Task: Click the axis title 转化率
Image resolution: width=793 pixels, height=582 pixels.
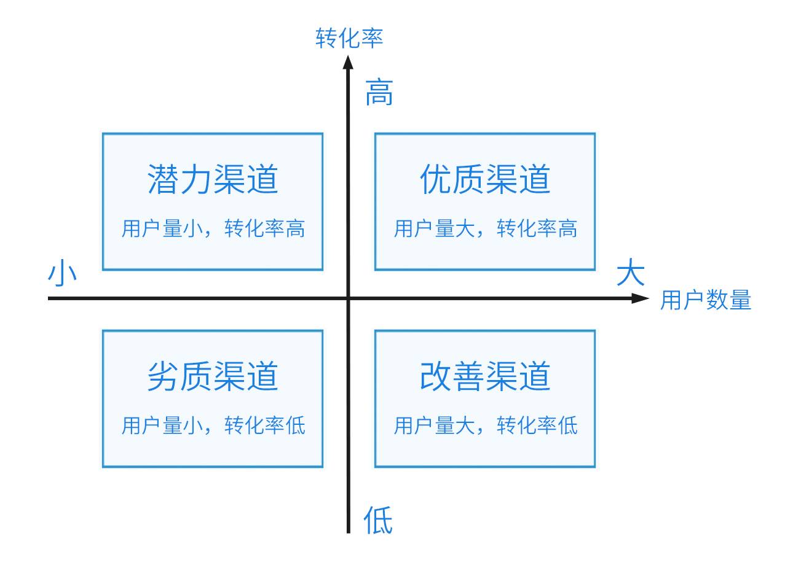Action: pyautogui.click(x=349, y=38)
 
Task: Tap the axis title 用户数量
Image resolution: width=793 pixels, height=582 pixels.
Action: pyautogui.click(x=706, y=300)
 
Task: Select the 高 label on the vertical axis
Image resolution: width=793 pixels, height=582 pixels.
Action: pyautogui.click(x=379, y=92)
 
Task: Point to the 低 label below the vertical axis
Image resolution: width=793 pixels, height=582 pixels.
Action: pyautogui.click(x=378, y=520)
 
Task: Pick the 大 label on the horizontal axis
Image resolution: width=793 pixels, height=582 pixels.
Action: pyautogui.click(x=631, y=271)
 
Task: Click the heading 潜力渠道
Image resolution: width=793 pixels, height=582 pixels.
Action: pyautogui.click(x=213, y=179)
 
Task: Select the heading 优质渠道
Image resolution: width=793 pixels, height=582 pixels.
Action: pyautogui.click(x=485, y=179)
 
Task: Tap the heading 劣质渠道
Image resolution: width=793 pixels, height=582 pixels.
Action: pyautogui.click(x=213, y=376)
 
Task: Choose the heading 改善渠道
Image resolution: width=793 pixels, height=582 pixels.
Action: pyautogui.click(x=485, y=376)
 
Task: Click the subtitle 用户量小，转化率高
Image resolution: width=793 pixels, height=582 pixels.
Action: pyautogui.click(x=213, y=228)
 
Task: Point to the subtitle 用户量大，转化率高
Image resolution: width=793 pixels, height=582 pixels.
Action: pyautogui.click(x=486, y=228)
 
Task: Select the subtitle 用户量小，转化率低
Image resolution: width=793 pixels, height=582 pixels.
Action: pyautogui.click(x=213, y=425)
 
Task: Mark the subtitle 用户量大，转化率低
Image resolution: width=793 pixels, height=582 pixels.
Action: pyautogui.click(x=486, y=425)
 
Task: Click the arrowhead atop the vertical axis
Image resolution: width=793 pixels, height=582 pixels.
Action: pyautogui.click(x=349, y=61)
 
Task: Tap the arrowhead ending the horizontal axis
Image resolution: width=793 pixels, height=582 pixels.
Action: pyautogui.click(x=641, y=298)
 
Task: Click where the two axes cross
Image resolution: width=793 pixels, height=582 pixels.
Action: pyautogui.click(x=349, y=298)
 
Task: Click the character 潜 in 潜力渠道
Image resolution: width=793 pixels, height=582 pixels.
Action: pyautogui.click(x=163, y=179)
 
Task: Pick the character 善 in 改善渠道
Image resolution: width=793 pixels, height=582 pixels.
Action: pyautogui.click(x=468, y=376)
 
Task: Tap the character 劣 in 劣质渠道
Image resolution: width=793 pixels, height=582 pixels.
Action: pyautogui.click(x=163, y=376)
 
